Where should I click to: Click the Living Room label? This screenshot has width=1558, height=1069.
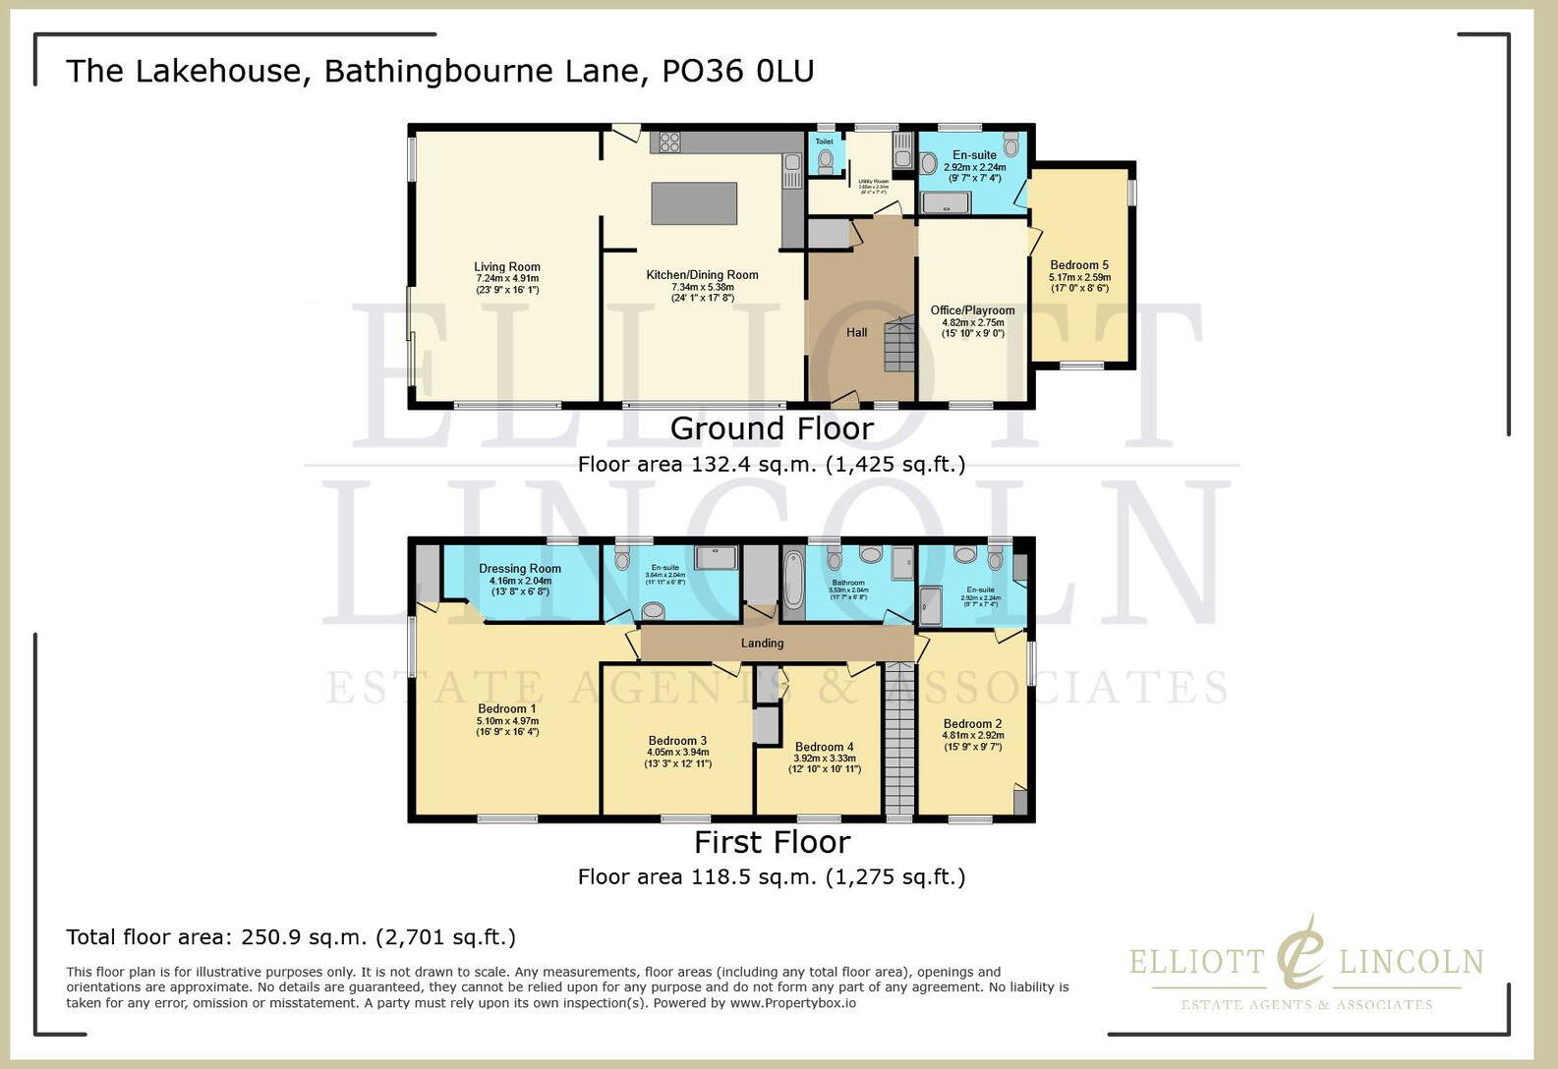(x=506, y=266)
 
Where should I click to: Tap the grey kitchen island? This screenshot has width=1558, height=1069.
(x=694, y=203)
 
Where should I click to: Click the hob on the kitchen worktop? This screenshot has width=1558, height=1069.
(x=669, y=141)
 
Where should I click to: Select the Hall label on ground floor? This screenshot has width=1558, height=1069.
(x=856, y=333)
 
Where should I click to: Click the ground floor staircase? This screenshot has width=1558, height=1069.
(x=899, y=345)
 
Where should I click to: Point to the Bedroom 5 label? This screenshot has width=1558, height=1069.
(x=1079, y=265)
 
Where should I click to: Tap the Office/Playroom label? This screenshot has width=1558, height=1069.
(x=972, y=310)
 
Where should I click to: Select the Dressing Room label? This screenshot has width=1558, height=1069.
(x=520, y=569)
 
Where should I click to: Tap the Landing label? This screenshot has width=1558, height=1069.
(x=762, y=644)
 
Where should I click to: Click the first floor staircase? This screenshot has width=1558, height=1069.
(x=898, y=737)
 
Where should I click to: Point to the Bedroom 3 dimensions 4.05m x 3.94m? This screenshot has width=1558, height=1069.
(x=677, y=753)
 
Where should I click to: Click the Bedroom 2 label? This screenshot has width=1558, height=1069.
(x=972, y=724)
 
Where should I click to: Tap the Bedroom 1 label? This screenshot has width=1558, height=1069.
(x=507, y=709)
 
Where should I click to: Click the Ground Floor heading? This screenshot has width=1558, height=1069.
(x=772, y=428)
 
